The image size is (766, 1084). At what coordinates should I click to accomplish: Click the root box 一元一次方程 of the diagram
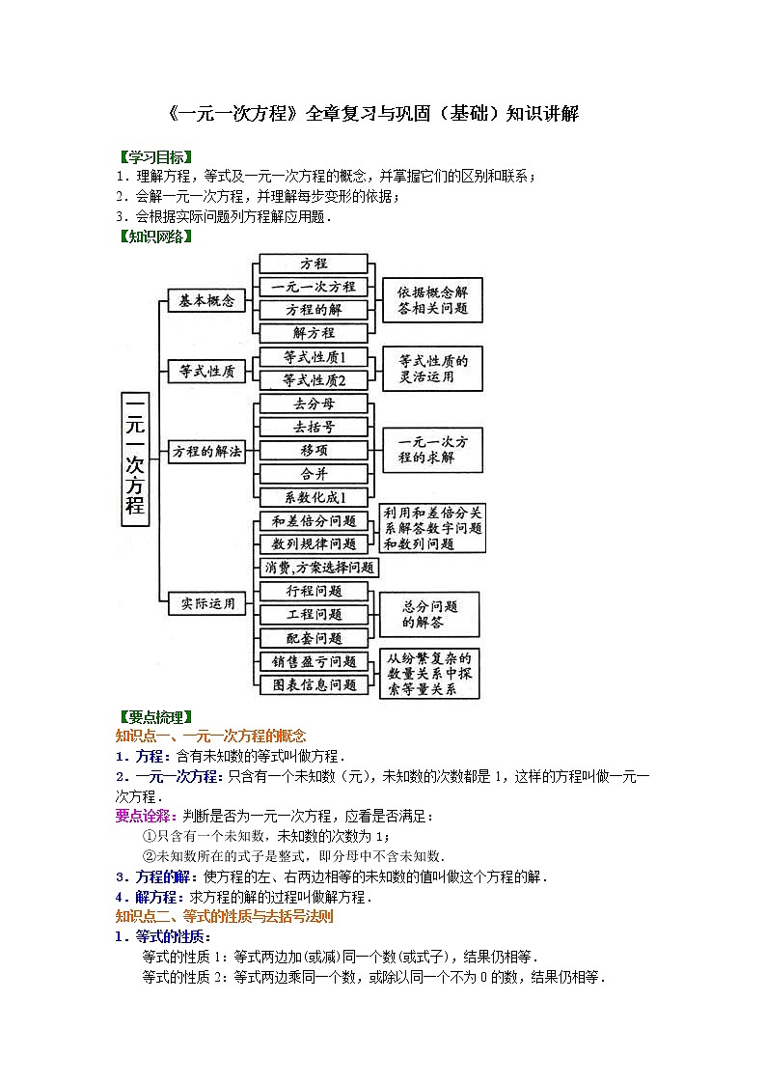(x=135, y=459)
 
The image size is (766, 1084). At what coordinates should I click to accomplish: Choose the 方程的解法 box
(x=207, y=451)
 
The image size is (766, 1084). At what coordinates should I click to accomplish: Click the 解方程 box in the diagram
(x=314, y=333)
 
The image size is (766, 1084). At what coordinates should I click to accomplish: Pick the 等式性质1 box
(x=314, y=357)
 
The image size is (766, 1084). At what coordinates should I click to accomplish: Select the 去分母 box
(x=314, y=403)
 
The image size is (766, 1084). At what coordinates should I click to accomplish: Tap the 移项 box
(x=314, y=451)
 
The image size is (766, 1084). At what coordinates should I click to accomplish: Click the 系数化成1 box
(x=314, y=498)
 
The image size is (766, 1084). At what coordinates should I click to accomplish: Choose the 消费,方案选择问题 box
(x=319, y=568)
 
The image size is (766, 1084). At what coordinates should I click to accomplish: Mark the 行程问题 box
(x=314, y=591)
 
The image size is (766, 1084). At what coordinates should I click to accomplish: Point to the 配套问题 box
(x=314, y=638)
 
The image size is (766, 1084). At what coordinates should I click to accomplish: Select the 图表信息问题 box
(x=314, y=685)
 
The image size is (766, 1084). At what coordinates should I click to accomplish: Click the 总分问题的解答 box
(x=429, y=614)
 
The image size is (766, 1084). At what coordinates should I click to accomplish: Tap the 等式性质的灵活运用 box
(x=432, y=369)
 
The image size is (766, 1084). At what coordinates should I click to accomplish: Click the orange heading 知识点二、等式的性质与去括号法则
(x=224, y=917)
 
